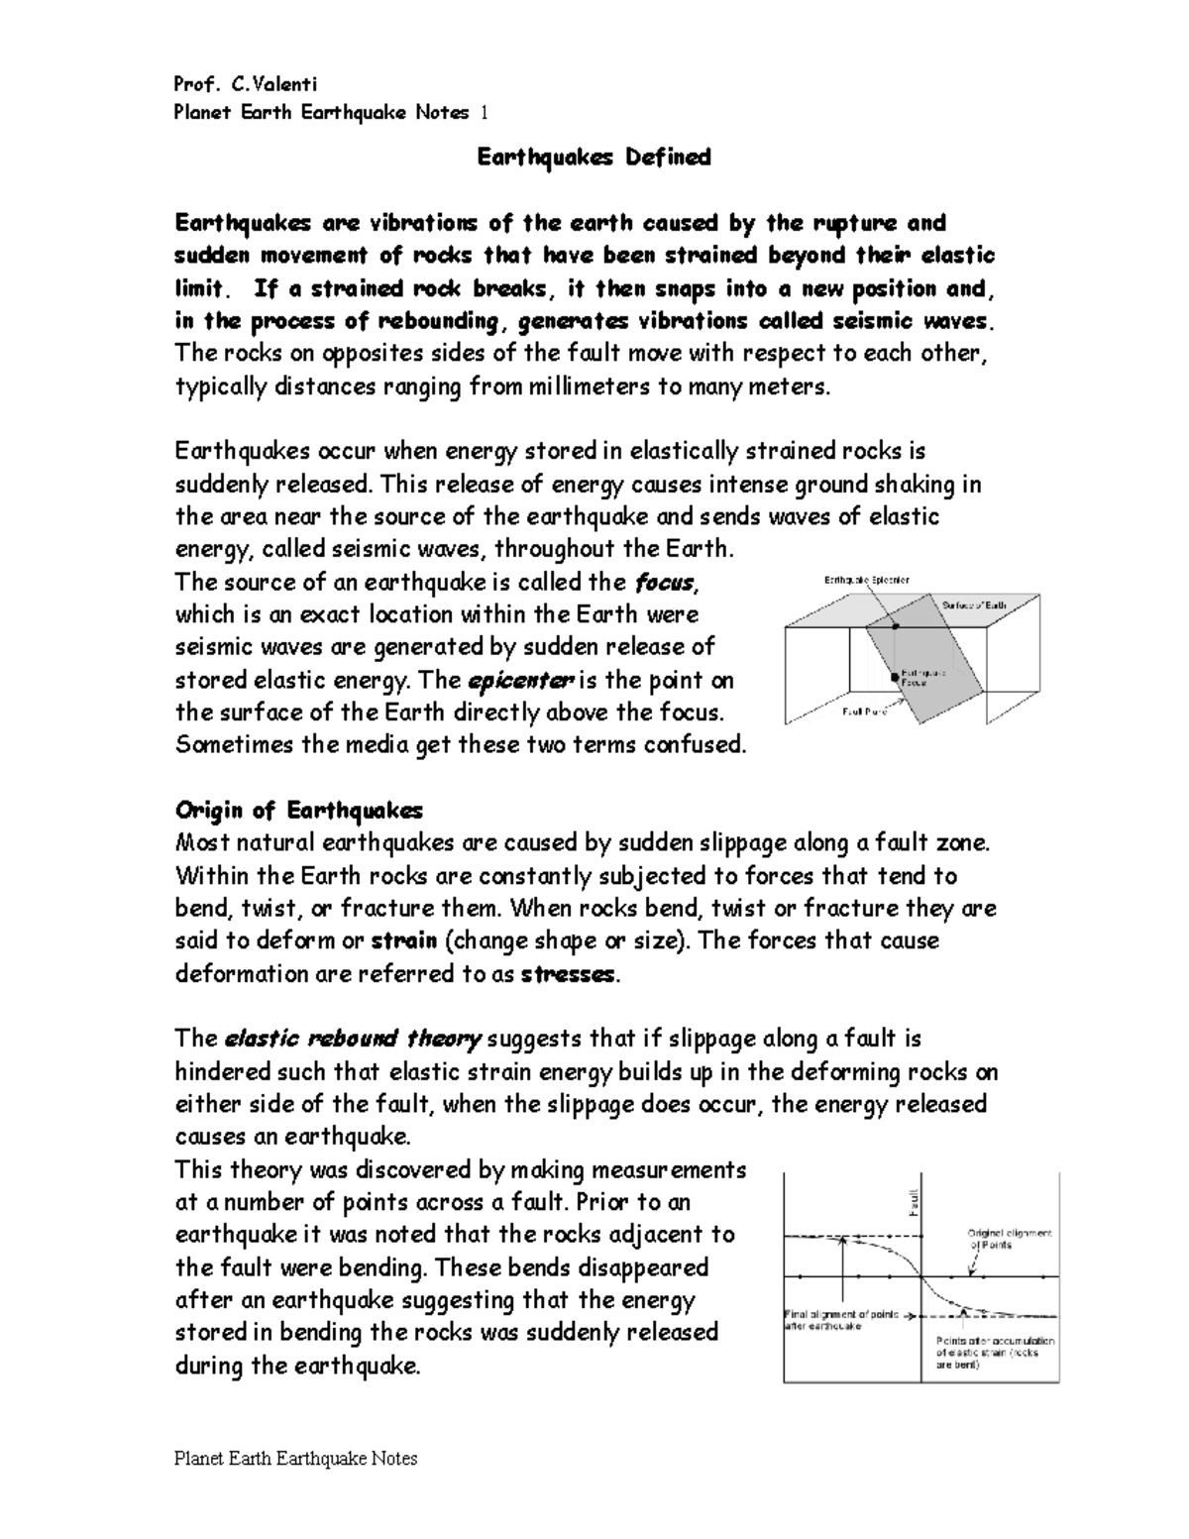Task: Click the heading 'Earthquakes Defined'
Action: click(x=594, y=158)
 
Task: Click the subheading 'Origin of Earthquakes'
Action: click(x=298, y=811)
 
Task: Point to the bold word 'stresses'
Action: click(x=569, y=974)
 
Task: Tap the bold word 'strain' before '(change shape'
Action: click(x=403, y=941)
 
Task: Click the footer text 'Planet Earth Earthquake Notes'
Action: click(x=295, y=1459)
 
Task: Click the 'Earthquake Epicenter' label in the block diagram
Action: click(x=867, y=579)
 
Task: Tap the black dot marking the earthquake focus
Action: click(x=894, y=677)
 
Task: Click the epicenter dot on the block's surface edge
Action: click(x=895, y=626)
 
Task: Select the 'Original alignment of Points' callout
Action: click(x=1009, y=1239)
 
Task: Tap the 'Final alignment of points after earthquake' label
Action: click(x=840, y=1320)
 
